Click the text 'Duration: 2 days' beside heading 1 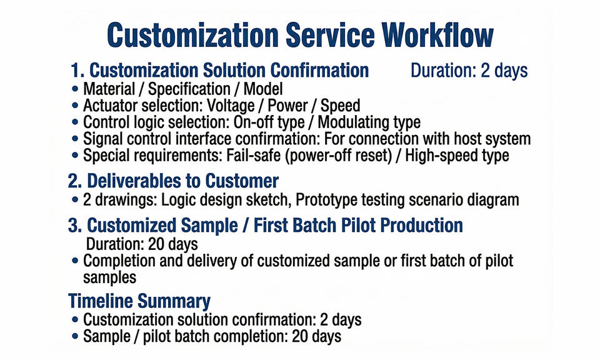point(469,71)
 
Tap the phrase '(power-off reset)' point(338,156)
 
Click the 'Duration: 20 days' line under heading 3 point(142,244)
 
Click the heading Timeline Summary point(139,301)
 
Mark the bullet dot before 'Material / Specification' point(75,89)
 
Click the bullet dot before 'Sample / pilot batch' point(75,337)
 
